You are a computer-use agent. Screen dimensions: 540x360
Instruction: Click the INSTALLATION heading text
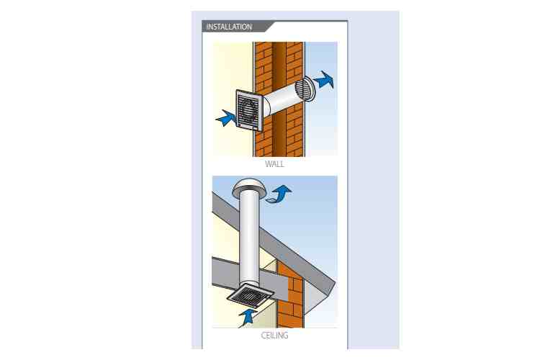pyautogui.click(x=229, y=27)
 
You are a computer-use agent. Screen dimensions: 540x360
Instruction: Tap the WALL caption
pyautogui.click(x=274, y=164)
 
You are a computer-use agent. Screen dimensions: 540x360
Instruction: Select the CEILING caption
pyautogui.click(x=274, y=336)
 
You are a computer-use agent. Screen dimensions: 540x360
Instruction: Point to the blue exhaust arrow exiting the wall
pyautogui.click(x=323, y=80)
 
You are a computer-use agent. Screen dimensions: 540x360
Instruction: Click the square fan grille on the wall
pyautogui.click(x=249, y=111)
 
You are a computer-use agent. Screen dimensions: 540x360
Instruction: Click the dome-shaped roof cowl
pyautogui.click(x=248, y=188)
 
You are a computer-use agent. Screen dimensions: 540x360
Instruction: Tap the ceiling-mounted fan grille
pyautogui.click(x=251, y=295)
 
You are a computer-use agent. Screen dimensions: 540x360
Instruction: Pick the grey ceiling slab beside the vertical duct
pyautogui.click(x=224, y=273)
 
